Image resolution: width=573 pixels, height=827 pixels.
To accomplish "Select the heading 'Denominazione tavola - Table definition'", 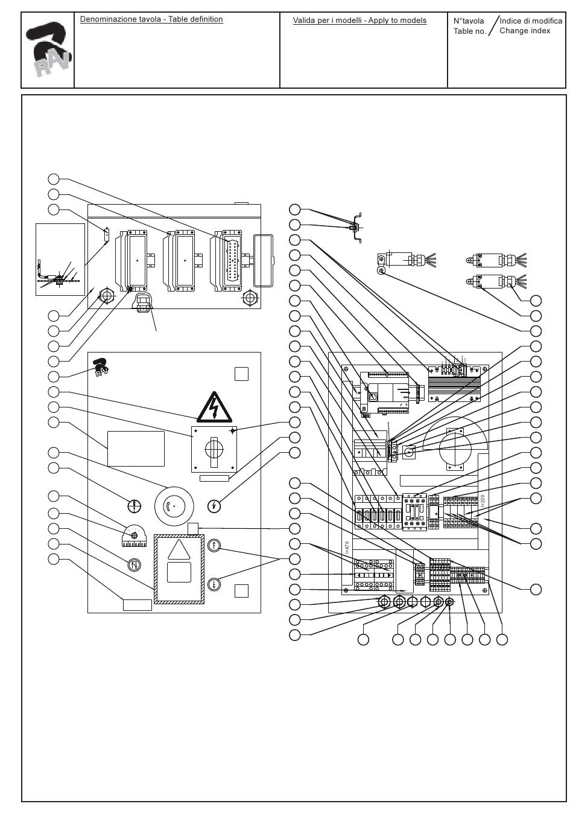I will pyautogui.click(x=151, y=19).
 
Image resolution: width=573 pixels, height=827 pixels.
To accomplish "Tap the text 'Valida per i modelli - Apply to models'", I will pyautogui.click(x=359, y=21).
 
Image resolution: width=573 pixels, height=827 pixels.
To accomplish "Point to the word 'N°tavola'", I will pyautogui.click(x=469, y=21).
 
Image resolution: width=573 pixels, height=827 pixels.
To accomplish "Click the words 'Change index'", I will pyautogui.click(x=525, y=31).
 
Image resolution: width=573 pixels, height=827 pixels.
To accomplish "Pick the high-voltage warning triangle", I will pyautogui.click(x=214, y=407).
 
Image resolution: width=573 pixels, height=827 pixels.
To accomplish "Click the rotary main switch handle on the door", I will pyautogui.click(x=214, y=449).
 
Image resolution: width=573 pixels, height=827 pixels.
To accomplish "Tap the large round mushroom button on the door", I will pyautogui.click(x=173, y=506).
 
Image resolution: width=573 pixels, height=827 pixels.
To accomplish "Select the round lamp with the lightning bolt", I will pyautogui.click(x=214, y=506).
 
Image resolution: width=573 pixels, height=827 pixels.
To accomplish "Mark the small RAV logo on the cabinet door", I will pyautogui.click(x=101, y=366).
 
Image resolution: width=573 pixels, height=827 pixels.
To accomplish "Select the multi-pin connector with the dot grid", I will pyautogui.click(x=232, y=261).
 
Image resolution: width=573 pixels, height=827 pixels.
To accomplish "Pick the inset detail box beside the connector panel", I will pyautogui.click(x=60, y=260).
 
